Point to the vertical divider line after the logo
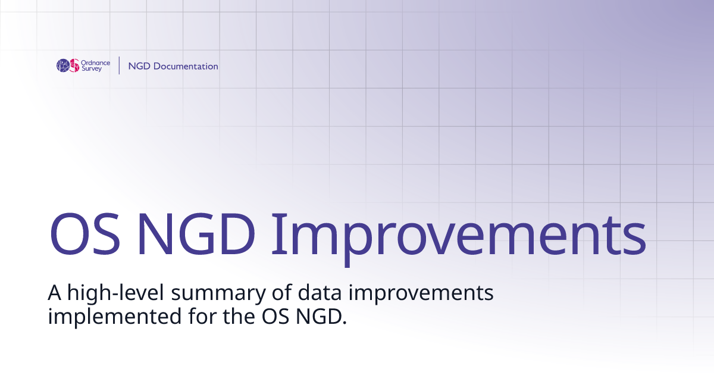coord(119,65)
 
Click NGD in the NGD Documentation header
coord(139,66)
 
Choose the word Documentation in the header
coord(186,66)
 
